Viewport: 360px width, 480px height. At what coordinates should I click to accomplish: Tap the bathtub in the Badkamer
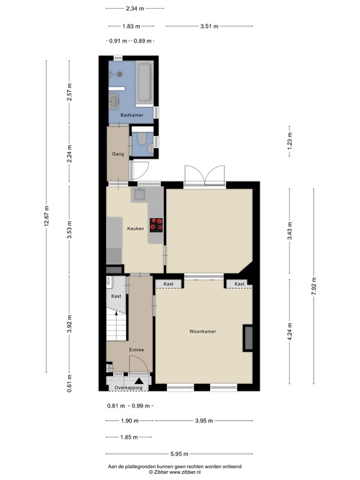(145, 82)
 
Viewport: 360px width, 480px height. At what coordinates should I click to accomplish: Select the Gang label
(117, 154)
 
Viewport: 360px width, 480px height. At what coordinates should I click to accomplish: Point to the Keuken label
(136, 228)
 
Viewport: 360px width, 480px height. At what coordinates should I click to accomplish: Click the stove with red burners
(156, 224)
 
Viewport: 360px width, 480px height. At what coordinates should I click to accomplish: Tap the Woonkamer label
(202, 331)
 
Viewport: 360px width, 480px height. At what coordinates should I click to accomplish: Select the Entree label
(137, 350)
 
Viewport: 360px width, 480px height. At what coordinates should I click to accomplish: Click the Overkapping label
(127, 388)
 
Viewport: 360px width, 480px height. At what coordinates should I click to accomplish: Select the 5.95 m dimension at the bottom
(180, 454)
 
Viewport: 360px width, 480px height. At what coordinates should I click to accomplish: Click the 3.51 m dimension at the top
(209, 26)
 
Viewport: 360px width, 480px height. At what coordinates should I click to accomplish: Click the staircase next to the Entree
(116, 325)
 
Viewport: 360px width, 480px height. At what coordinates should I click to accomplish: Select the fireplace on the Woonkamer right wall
(248, 338)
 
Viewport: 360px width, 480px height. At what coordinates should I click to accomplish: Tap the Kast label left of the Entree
(116, 296)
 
